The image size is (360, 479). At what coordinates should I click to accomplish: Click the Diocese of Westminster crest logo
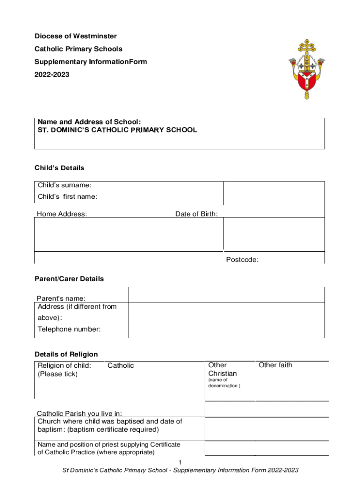click(307, 69)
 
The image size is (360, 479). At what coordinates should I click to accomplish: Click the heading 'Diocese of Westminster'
click(76, 36)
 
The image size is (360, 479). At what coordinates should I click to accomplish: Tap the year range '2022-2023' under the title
click(52, 74)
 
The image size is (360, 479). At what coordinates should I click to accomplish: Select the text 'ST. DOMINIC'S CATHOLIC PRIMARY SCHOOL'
click(117, 130)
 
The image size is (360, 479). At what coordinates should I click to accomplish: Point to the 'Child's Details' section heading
click(59, 168)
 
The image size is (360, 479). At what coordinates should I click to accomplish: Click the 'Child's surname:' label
click(65, 185)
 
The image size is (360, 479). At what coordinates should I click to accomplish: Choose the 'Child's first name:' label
click(67, 196)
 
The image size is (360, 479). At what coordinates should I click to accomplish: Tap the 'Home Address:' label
click(62, 214)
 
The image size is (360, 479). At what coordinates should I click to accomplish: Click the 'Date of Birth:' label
click(196, 214)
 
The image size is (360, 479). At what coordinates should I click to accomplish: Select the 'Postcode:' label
click(242, 260)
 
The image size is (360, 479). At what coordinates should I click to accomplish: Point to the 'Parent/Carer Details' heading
click(69, 279)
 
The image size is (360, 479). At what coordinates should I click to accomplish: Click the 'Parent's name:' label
click(61, 298)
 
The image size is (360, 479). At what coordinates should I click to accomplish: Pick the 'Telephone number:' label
click(69, 329)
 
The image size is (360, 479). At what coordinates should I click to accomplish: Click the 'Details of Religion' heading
click(66, 354)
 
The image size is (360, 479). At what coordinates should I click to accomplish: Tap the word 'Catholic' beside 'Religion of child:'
click(121, 365)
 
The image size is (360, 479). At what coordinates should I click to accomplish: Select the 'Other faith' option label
click(275, 365)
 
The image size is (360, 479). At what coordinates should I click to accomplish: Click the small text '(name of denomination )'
click(224, 383)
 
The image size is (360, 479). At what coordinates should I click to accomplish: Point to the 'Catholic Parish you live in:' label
click(79, 414)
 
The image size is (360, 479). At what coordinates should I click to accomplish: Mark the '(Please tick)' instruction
click(58, 374)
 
